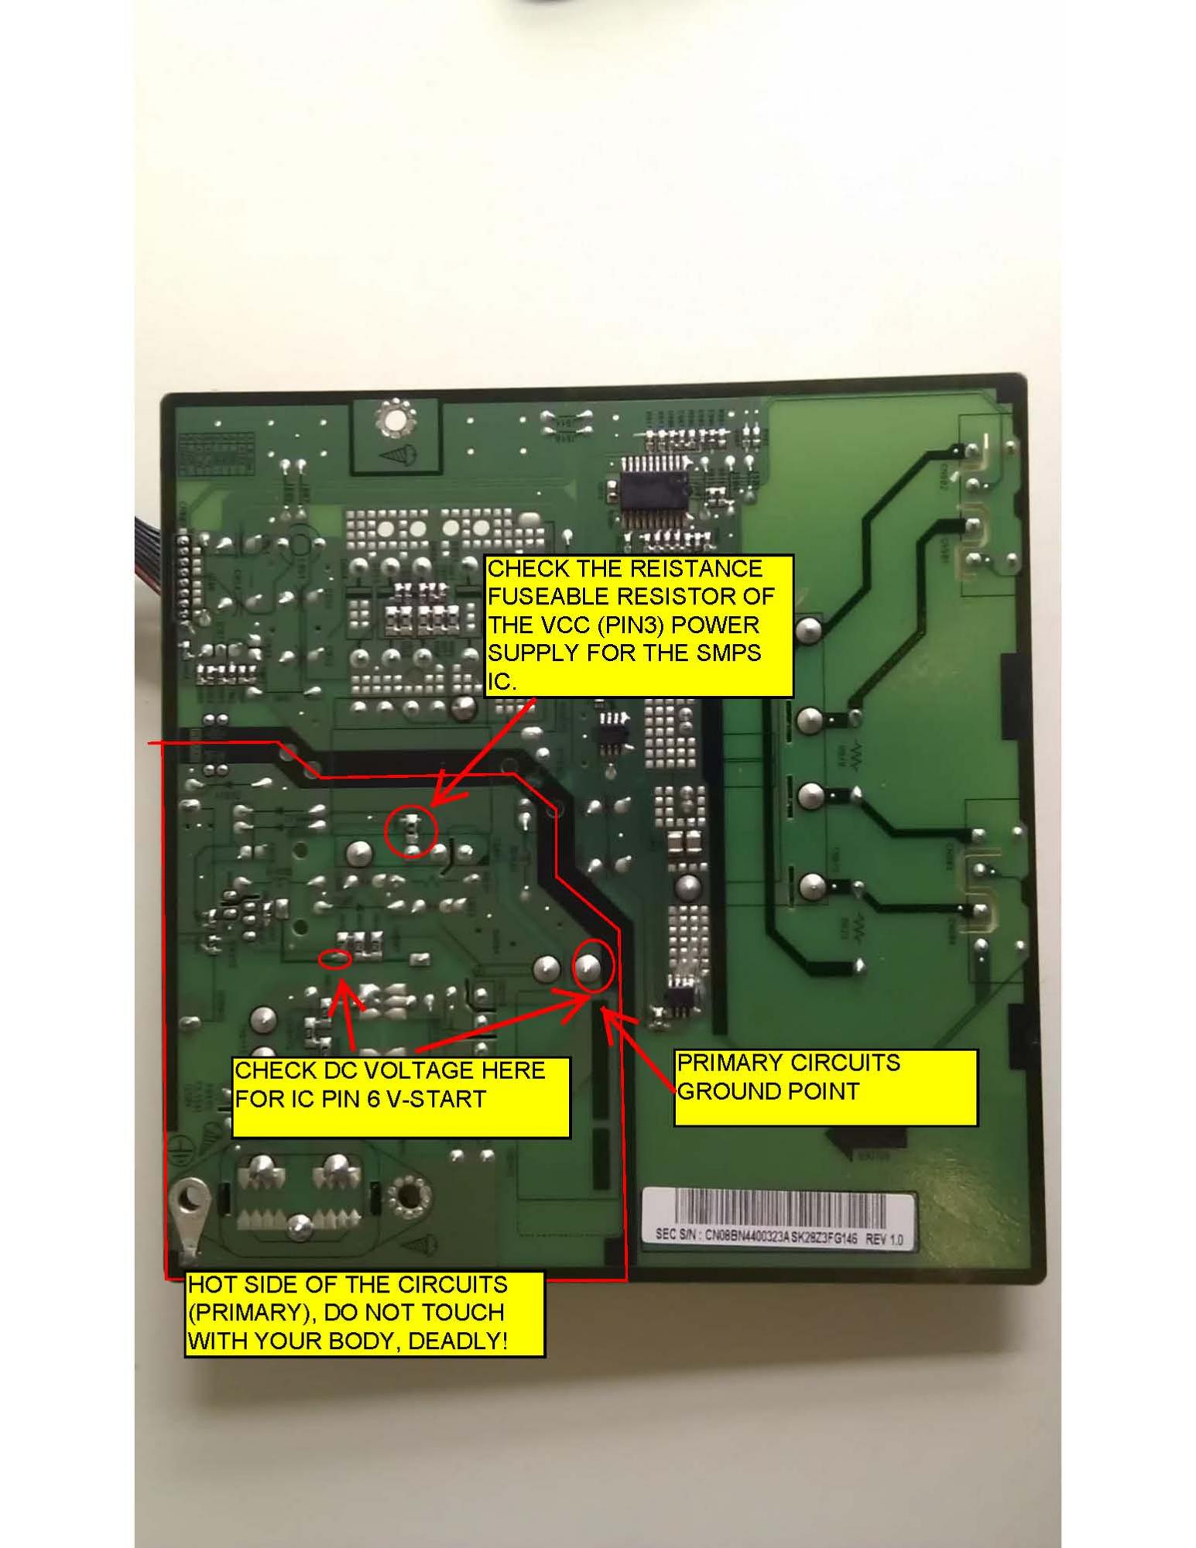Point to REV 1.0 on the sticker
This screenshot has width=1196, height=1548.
[x=883, y=1239]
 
